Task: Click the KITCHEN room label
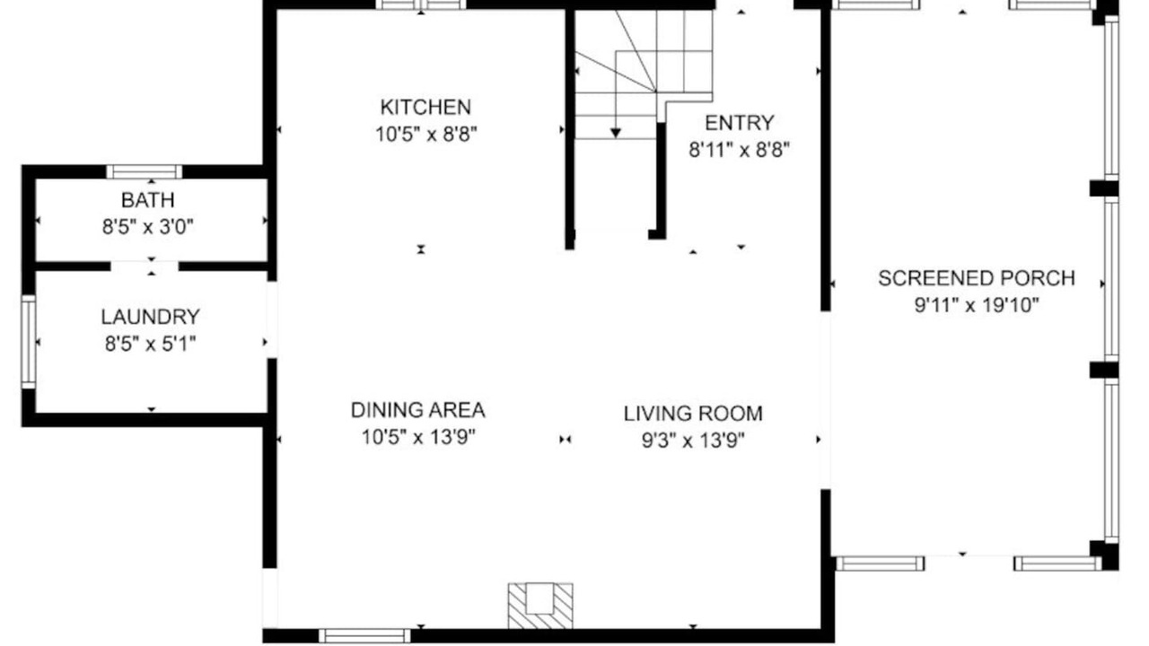click(x=425, y=107)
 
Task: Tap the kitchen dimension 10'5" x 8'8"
click(x=425, y=135)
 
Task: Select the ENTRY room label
click(x=739, y=123)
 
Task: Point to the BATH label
click(x=148, y=200)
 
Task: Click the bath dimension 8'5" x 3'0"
click(x=148, y=227)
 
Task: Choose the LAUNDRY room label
click(x=150, y=317)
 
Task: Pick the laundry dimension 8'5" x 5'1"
click(x=150, y=344)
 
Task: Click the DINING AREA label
click(x=418, y=410)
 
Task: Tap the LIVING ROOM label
click(x=693, y=414)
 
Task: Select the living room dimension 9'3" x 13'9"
click(x=693, y=441)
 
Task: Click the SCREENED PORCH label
click(x=977, y=278)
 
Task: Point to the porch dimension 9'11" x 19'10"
click(x=977, y=306)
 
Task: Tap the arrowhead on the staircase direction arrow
click(x=616, y=134)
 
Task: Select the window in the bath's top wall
click(x=145, y=171)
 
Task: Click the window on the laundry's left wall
click(x=29, y=342)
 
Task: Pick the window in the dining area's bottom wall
click(x=364, y=636)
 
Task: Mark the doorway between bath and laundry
click(x=145, y=266)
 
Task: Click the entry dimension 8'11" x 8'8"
click(x=739, y=151)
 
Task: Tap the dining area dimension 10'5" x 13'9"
click(x=418, y=438)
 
